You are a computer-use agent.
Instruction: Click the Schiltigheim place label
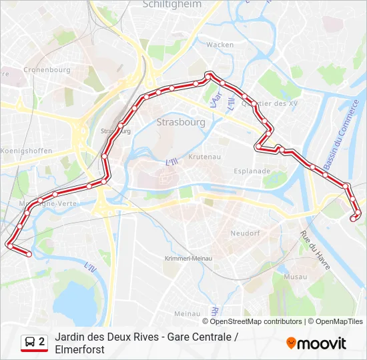172,4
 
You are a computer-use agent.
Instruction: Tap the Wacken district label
220,45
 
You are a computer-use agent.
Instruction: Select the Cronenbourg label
47,69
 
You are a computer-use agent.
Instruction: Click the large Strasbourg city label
181,122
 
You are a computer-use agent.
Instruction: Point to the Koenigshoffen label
26,151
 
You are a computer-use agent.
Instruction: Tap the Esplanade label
252,171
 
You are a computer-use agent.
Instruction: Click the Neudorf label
245,234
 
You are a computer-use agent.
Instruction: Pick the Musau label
295,277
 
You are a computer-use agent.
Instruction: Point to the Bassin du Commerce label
342,133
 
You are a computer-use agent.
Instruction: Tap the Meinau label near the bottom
187,313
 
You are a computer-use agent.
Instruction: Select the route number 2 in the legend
42,342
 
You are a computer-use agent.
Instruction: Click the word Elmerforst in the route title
80,349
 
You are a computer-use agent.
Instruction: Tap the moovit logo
316,343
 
